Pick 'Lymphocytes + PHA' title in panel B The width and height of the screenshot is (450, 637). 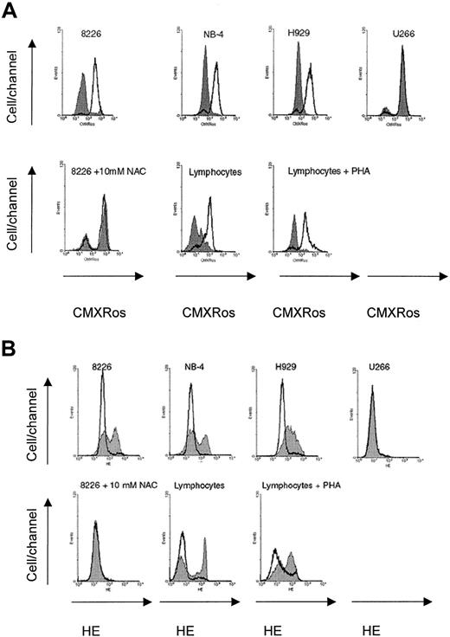305,485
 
